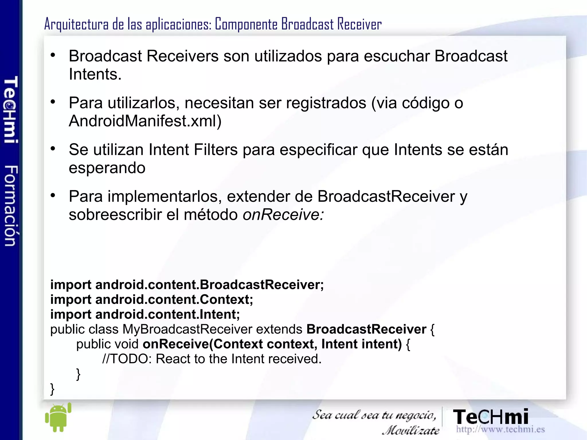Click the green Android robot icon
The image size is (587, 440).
click(x=58, y=418)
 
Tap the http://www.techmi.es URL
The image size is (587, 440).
click(x=500, y=429)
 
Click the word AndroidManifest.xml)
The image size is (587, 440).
click(x=145, y=121)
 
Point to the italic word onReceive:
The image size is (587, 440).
click(x=283, y=214)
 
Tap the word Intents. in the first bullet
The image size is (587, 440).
click(x=95, y=74)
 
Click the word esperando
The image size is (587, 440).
click(x=107, y=168)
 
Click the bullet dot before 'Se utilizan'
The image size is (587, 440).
click(x=53, y=148)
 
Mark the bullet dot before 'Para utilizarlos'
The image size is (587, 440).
click(x=53, y=102)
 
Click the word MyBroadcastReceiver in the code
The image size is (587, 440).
click(x=187, y=329)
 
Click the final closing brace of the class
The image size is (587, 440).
click(x=52, y=389)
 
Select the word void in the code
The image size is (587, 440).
click(x=126, y=344)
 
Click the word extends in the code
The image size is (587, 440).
click(x=279, y=329)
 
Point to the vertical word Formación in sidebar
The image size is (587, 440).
click(x=11, y=206)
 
